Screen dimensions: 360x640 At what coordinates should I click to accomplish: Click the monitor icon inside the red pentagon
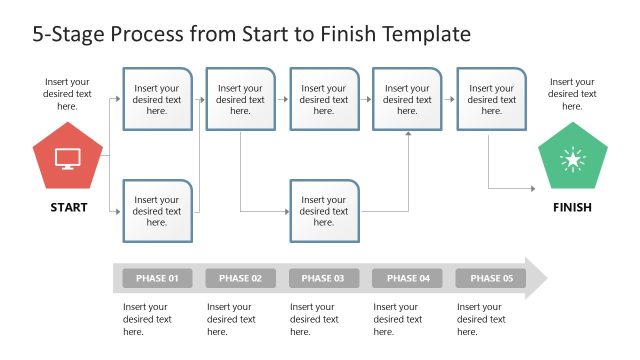point(68,158)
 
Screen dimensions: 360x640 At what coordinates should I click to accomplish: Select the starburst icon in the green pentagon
point(572,159)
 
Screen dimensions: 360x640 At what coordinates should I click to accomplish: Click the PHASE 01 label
point(157,278)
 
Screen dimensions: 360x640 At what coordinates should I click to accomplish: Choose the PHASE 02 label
point(240,278)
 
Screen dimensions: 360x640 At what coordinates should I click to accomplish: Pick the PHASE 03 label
point(323,278)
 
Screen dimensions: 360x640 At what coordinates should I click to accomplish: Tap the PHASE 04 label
point(407,278)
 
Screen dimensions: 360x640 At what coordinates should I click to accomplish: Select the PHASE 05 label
point(490,278)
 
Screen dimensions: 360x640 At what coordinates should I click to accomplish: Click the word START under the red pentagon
point(68,208)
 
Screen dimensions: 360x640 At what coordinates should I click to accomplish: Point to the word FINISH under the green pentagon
point(572,208)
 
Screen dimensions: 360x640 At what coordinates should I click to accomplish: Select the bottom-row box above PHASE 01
point(157,211)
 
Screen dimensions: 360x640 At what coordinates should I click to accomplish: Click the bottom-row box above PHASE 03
point(324,211)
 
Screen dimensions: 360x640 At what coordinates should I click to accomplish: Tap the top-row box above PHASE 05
point(491,99)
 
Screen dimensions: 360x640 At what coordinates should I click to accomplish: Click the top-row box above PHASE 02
point(240,99)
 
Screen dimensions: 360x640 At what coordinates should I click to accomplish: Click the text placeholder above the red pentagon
point(67,94)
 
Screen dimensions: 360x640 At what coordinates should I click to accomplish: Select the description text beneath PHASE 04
point(398,319)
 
